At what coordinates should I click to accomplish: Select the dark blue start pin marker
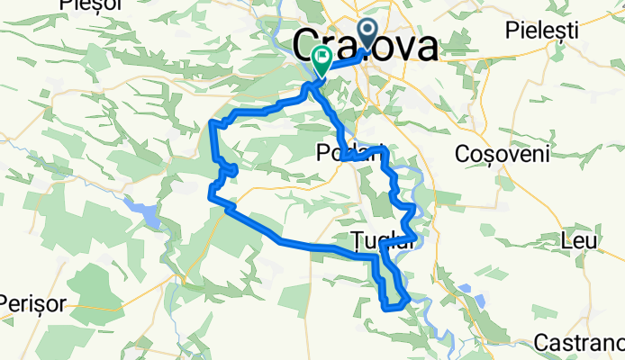369,34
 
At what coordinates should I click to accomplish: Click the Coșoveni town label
503,154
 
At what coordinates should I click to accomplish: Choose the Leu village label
573,240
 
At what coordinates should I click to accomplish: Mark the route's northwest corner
212,121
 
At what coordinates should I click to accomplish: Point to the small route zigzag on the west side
229,168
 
